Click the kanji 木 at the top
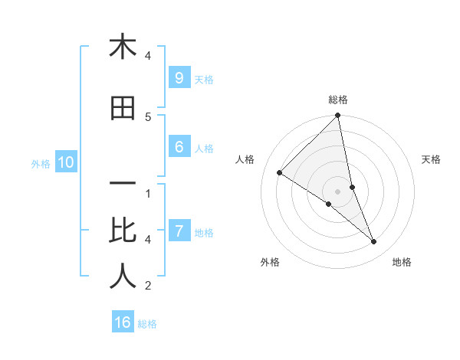click(x=123, y=47)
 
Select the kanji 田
click(x=123, y=109)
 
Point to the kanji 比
click(x=123, y=230)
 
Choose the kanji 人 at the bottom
click(x=123, y=277)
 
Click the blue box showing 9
click(x=179, y=78)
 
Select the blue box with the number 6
click(x=179, y=147)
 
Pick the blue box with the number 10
click(x=65, y=162)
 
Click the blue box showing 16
click(x=123, y=322)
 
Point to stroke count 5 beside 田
click(x=148, y=117)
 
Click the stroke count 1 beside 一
click(x=148, y=193)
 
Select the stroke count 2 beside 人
click(x=148, y=286)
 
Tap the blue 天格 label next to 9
click(x=204, y=79)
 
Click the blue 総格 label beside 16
click(x=148, y=324)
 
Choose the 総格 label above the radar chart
click(x=338, y=100)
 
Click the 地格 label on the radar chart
click(x=402, y=262)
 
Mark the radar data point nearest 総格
click(x=338, y=116)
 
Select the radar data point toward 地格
click(x=374, y=242)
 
